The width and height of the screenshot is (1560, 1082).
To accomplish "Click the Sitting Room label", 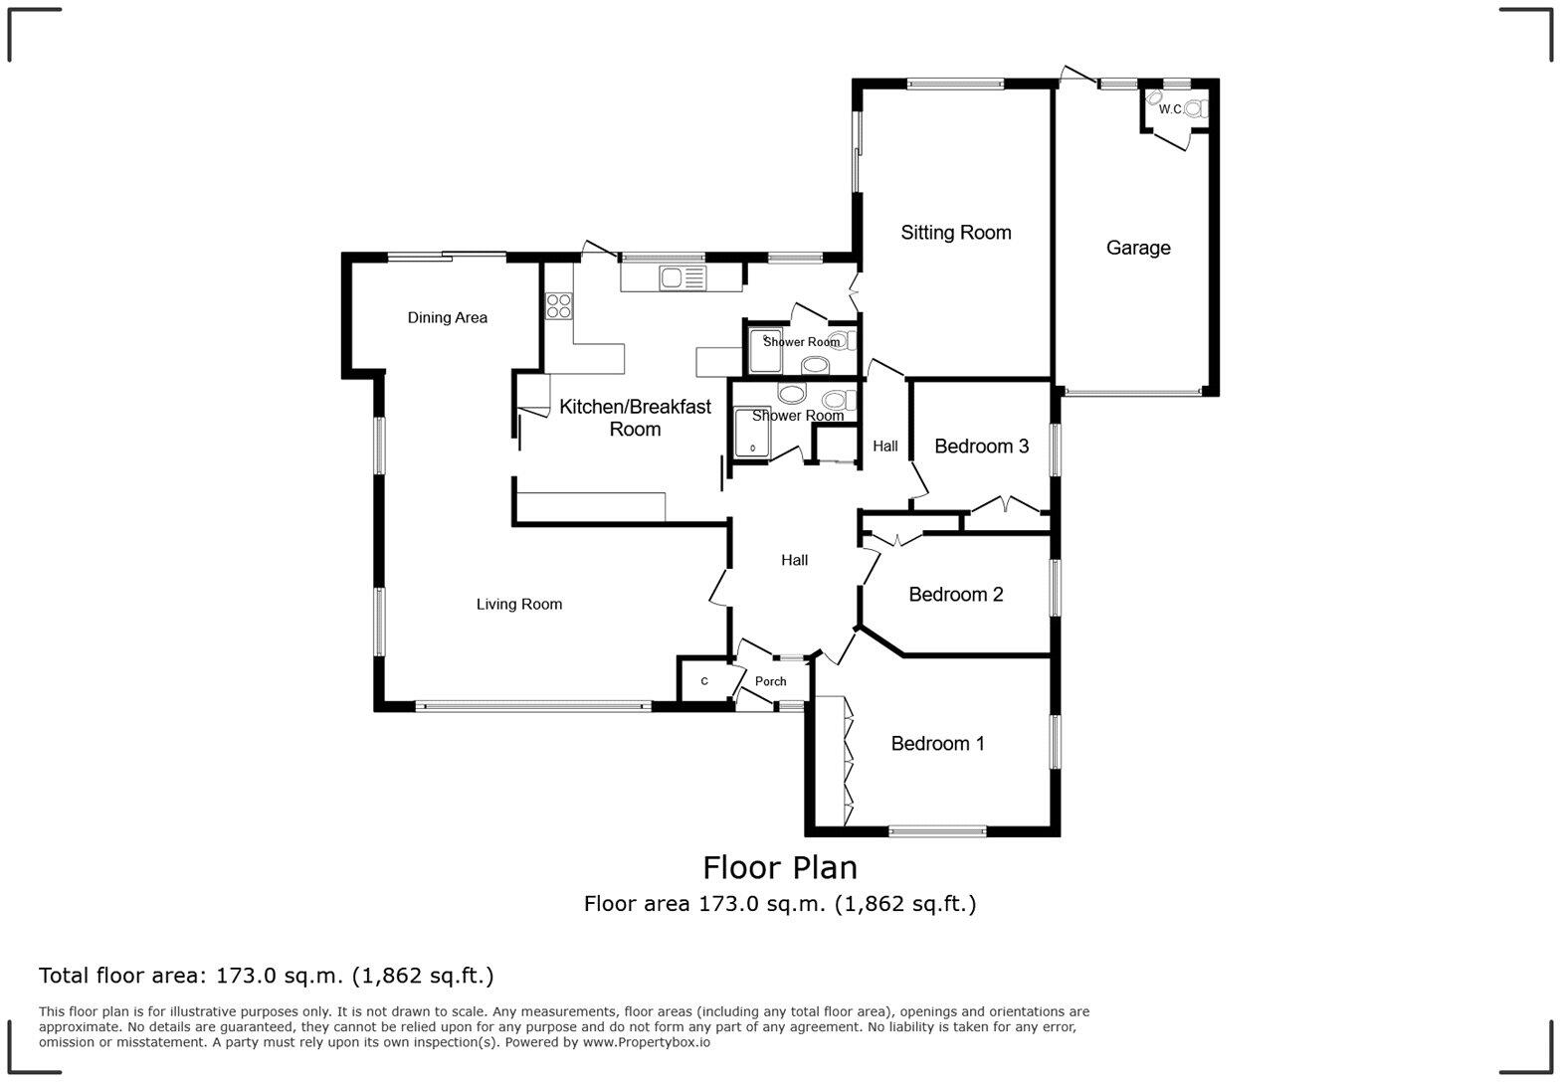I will point(955,233).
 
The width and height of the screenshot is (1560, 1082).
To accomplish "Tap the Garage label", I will point(1137,248).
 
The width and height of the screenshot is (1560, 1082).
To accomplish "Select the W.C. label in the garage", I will point(1169,109).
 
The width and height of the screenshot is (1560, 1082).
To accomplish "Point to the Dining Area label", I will point(447,318).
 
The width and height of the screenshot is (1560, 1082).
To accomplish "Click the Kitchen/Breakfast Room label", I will point(635,418).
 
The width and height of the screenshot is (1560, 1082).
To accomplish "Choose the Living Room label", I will point(518,605).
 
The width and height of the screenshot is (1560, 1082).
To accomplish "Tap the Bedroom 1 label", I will point(937,744).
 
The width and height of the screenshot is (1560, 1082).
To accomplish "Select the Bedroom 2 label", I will point(955,595).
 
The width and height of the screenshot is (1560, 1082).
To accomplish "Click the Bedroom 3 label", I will point(981,447).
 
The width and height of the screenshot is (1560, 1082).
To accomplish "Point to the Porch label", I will point(770,682).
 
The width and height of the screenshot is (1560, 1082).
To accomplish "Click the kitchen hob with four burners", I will point(558,305).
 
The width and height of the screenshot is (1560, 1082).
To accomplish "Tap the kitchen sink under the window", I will point(682,278).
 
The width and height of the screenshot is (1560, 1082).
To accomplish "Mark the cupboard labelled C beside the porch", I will point(704,681).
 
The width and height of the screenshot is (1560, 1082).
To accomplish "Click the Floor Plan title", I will point(780,867).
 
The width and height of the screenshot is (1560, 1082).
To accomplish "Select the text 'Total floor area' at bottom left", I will point(123,976).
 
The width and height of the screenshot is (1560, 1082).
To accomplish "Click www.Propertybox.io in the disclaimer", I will point(646,1042).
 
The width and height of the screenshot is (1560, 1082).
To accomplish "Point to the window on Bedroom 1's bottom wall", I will point(936,830).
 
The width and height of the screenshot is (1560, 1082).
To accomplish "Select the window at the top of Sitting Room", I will point(955,85).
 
